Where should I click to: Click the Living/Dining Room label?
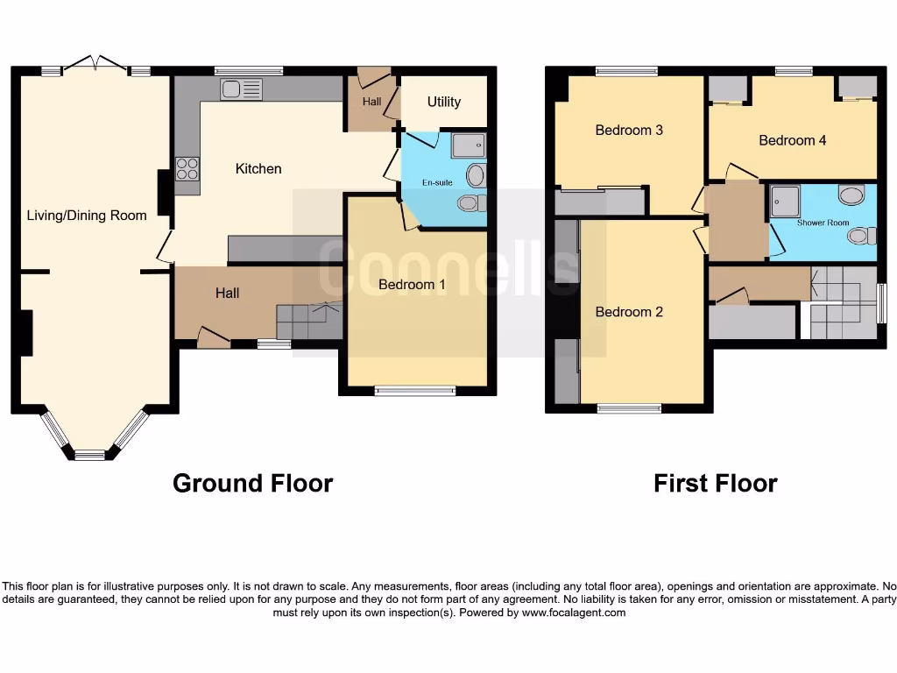[87, 215]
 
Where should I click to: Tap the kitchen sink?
[242, 89]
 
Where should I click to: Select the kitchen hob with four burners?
[187, 167]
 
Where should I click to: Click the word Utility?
[443, 102]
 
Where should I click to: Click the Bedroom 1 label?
[412, 284]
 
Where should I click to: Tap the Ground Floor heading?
[252, 483]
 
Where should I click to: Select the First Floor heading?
[715, 483]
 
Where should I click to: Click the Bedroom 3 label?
[629, 130]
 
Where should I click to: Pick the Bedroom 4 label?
[792, 139]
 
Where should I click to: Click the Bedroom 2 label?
[629, 312]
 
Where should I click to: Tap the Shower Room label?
[823, 223]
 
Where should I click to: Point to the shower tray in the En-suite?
[468, 145]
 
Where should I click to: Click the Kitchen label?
[258, 168]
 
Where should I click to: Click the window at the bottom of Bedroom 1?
[415, 391]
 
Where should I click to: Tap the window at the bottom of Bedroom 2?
[629, 407]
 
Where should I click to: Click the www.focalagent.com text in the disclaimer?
[575, 613]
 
